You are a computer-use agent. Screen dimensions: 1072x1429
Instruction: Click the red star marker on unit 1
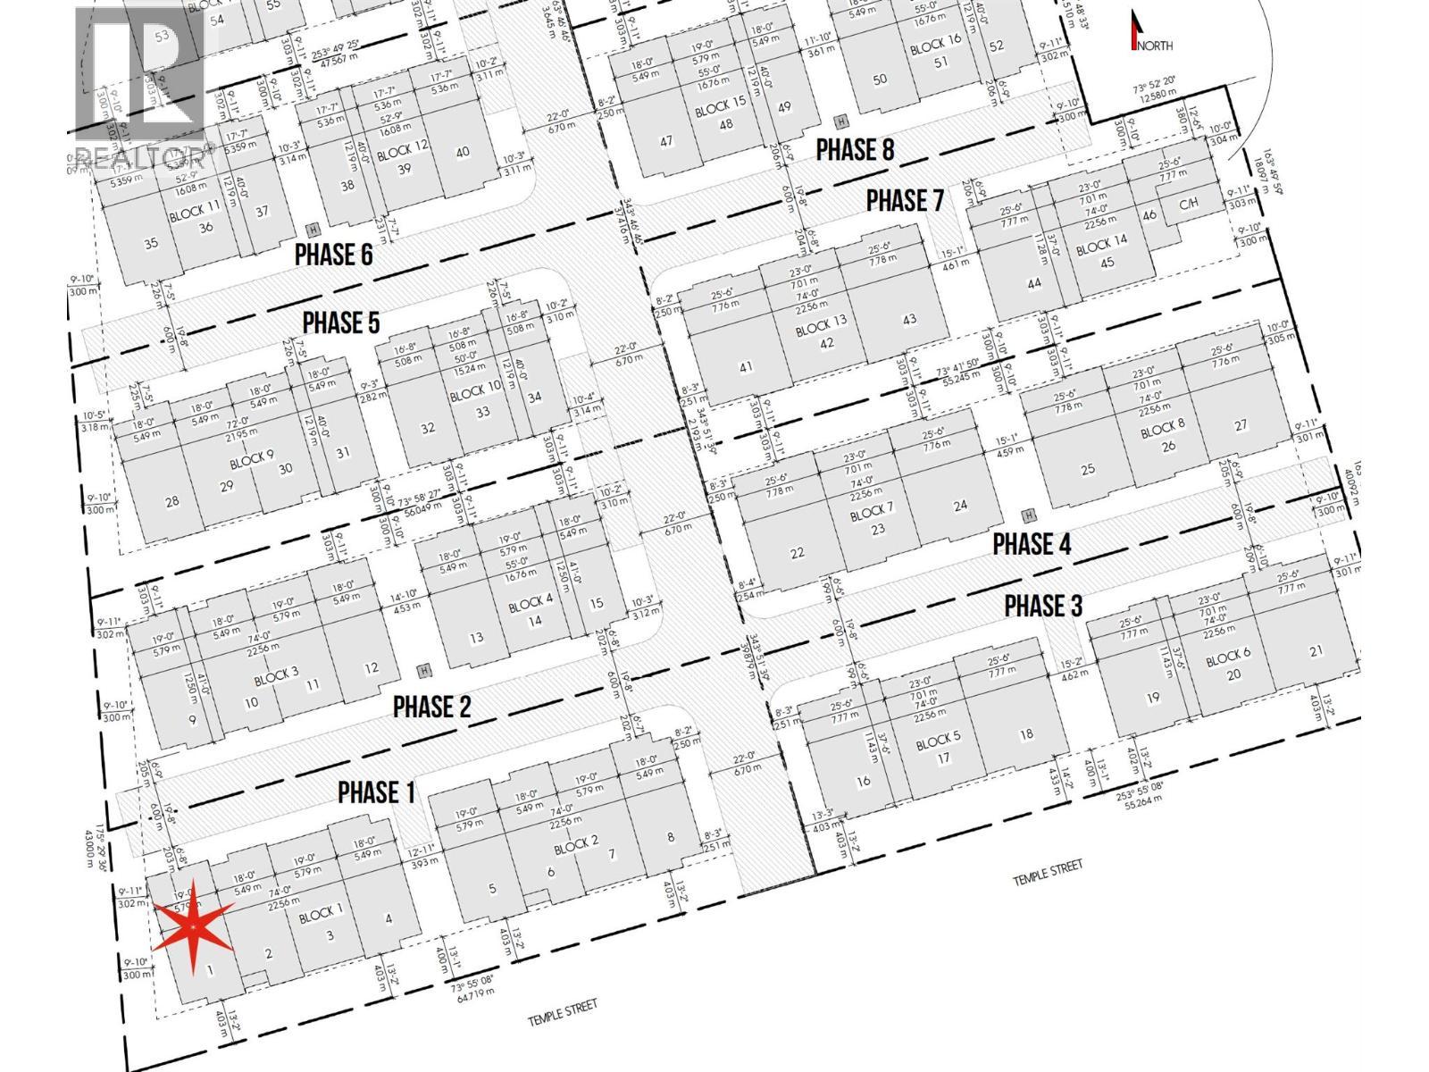pos(195,930)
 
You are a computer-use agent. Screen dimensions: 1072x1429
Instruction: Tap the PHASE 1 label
pos(376,791)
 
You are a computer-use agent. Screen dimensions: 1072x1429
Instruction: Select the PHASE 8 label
pos(856,149)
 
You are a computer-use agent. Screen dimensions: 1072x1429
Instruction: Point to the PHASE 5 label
pos(341,322)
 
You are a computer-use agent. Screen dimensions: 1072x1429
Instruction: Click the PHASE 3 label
pos(1043,606)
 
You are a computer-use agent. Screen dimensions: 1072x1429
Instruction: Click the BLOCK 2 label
pos(577,843)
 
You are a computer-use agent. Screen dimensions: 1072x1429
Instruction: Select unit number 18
pos(1026,733)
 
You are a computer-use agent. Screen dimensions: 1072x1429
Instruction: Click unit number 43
pos(910,319)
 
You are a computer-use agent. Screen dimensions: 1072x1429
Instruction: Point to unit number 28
pos(172,500)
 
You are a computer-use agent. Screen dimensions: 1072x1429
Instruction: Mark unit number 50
pos(880,79)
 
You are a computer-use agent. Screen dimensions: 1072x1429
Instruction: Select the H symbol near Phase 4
pos(1029,515)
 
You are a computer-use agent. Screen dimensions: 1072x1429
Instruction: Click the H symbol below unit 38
pos(311,229)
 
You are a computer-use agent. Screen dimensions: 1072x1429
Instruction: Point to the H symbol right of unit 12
pos(424,670)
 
